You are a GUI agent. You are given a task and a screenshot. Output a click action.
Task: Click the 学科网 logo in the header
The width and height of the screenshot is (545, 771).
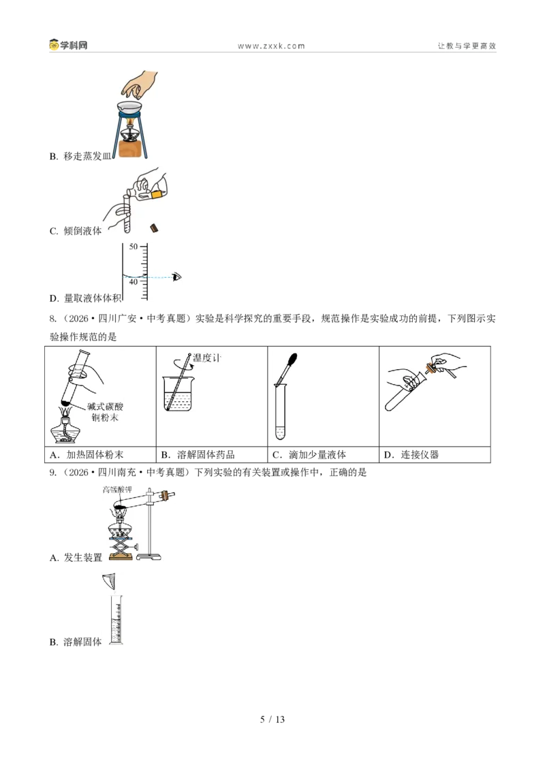coord(68,45)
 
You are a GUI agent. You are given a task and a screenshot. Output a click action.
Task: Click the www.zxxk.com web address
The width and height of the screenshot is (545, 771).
coord(271,46)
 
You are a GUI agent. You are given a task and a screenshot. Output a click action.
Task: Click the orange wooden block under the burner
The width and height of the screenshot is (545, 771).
coord(134,148)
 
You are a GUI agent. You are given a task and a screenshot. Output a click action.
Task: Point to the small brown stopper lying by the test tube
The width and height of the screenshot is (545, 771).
coord(154,227)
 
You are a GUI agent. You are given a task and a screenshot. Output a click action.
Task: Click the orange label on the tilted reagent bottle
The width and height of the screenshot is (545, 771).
coord(156,195)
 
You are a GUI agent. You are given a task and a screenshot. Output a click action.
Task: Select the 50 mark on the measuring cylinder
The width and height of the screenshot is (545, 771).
coord(134,247)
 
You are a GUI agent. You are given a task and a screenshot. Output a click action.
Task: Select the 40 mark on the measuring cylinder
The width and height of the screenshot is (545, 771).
coord(134,282)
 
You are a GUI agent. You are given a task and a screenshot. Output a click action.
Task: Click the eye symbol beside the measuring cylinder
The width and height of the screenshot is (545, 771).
coord(177,277)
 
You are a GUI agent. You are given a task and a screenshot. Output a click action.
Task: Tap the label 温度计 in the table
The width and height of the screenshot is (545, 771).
coord(206,358)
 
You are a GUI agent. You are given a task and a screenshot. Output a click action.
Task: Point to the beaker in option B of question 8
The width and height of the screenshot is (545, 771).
coord(178,394)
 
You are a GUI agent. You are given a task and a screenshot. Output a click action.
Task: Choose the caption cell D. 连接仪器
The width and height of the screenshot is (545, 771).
coord(435,455)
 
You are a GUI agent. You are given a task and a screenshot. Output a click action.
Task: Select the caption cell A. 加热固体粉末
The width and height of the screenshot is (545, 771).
coord(100,455)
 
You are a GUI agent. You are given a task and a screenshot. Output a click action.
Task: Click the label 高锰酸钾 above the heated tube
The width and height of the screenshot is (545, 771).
coord(117,490)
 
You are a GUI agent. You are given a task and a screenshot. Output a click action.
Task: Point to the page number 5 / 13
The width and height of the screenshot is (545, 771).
coord(272,719)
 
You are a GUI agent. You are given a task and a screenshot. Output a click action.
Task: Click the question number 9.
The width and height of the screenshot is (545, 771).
coord(52,473)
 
